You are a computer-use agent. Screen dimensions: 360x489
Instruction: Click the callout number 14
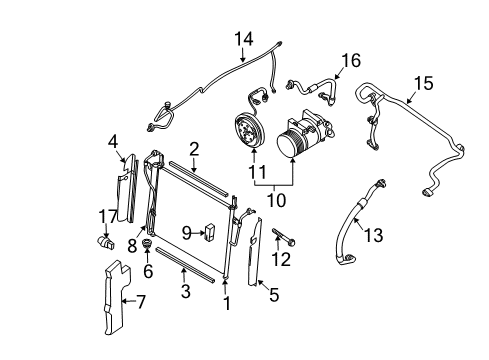pyautogui.click(x=245, y=39)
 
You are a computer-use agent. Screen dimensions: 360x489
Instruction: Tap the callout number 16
pyautogui.click(x=349, y=62)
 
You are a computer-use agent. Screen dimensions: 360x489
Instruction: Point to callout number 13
pyautogui.click(x=374, y=234)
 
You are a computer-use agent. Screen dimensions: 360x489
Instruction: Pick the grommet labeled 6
pyautogui.click(x=147, y=246)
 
